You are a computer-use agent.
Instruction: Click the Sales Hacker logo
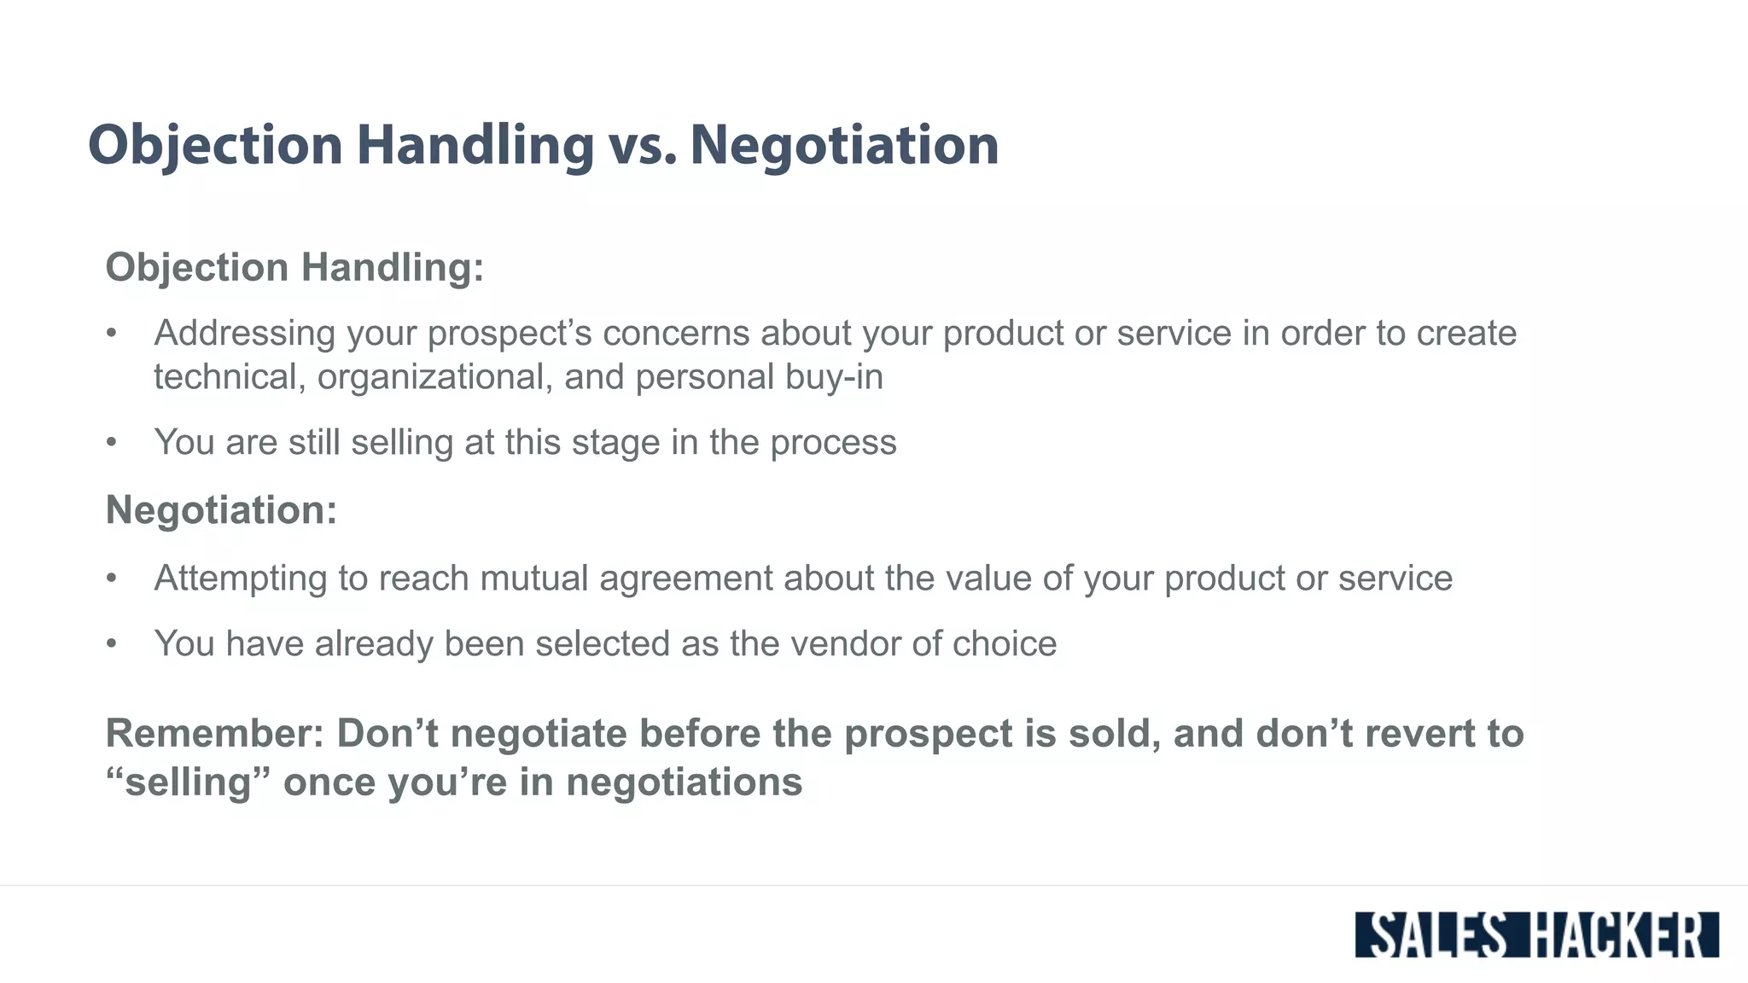1536,934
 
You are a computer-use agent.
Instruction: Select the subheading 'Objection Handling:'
294,267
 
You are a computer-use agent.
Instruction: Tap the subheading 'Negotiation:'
221,509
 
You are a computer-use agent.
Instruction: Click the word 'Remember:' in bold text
214,734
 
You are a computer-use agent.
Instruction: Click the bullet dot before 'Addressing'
111,334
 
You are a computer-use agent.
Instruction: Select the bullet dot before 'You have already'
111,644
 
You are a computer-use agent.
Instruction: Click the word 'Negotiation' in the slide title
844,145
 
